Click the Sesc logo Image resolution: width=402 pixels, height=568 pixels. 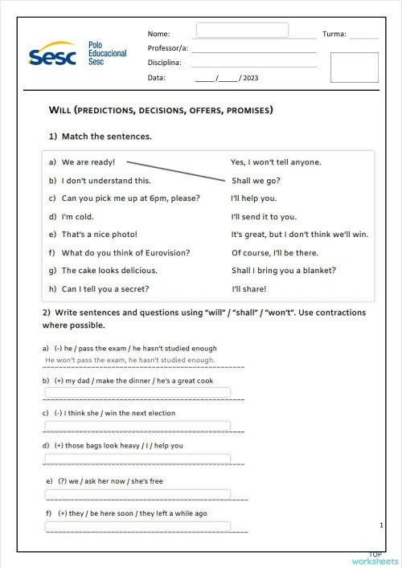[x=53, y=55]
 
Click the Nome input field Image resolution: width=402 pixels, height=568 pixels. [x=242, y=30]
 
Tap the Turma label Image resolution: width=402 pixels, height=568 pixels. [x=334, y=34]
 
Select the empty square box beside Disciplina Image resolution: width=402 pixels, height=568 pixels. [x=354, y=67]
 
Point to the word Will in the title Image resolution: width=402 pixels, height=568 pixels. [x=62, y=109]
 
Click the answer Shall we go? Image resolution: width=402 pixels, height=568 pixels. [x=256, y=181]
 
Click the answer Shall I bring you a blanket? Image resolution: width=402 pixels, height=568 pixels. [x=283, y=271]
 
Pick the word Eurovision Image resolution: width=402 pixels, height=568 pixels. [x=163, y=252]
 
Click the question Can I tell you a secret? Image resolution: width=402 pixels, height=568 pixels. [x=105, y=289]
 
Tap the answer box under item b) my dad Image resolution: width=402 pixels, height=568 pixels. [x=137, y=392]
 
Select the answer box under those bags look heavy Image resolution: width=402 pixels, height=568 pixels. [x=137, y=460]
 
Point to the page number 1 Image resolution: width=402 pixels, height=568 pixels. [x=380, y=525]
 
